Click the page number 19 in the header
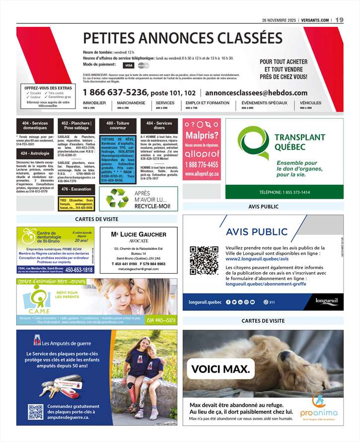click(339, 20)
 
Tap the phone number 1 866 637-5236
click(115, 92)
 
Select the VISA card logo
click(129, 65)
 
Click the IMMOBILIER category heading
click(94, 103)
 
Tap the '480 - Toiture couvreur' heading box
click(117, 126)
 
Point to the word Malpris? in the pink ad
click(202, 136)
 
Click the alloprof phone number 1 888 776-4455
click(202, 164)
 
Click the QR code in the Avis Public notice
click(204, 260)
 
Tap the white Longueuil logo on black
click(326, 301)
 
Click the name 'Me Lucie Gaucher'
click(139, 234)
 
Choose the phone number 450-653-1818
click(79, 270)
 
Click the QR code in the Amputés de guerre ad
click(35, 412)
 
